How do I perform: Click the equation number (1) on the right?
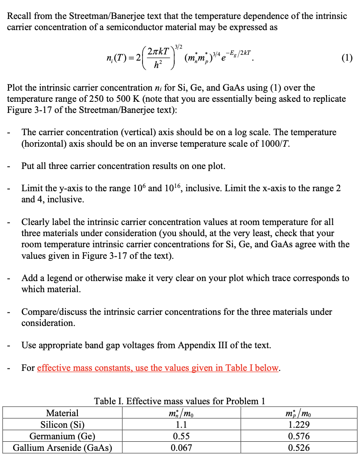pos(347,58)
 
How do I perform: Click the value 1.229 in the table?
pos(299,425)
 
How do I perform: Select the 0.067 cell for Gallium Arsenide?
pos(182,448)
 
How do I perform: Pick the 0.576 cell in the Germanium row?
pos(299,436)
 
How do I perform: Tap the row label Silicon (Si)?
pos(62,425)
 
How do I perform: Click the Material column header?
pos(62,413)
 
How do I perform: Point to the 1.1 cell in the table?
pos(182,425)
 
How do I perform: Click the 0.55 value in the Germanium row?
pos(182,436)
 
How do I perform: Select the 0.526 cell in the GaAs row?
pos(299,448)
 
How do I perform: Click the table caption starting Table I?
pos(180,401)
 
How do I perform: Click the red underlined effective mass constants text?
pos(158,368)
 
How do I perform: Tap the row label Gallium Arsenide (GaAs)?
pos(63,448)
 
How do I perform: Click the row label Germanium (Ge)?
pos(62,436)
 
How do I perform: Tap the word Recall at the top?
pos(20,16)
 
